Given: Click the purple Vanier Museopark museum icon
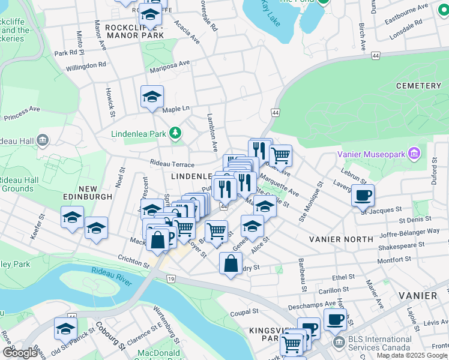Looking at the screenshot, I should pos(414,154).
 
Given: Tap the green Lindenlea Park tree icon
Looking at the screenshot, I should pos(175,133).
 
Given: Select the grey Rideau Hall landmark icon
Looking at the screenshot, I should pos(42,141).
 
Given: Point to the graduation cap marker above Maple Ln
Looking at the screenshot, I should pos(152,96).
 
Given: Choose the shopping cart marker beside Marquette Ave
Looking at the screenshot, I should pos(280,155).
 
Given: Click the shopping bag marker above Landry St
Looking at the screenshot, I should pos(231,263).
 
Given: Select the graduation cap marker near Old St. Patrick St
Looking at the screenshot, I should pos(65,328).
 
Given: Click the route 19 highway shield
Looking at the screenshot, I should pos(171,279).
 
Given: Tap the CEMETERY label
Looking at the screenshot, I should pos(418,86).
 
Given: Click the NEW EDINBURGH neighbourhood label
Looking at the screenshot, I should pos(86,196).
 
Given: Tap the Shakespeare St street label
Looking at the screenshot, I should pos(401,245).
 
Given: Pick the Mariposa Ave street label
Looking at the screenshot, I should pos(170,63).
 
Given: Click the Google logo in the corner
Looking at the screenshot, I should pos(20,353).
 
